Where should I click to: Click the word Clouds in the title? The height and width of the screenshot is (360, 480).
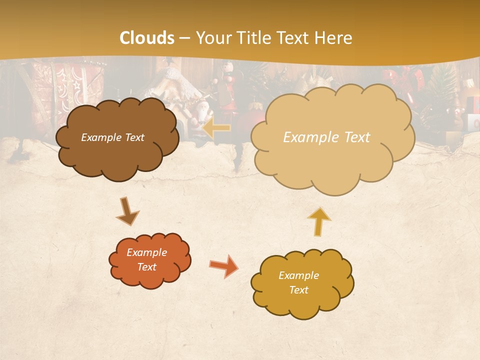tap(147, 38)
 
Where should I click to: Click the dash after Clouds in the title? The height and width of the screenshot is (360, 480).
tap(184, 38)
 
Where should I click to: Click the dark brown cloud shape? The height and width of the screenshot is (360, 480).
tap(117, 155)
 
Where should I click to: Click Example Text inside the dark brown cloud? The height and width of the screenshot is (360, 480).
tap(112, 137)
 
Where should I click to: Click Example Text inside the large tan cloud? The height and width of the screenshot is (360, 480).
tap(326, 137)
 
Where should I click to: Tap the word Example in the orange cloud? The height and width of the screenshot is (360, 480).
tap(146, 252)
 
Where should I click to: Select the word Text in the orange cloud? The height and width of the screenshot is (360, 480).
tap(146, 267)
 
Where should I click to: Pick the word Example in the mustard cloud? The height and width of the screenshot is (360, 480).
tap(298, 275)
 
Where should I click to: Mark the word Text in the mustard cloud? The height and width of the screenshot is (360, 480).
tap(298, 290)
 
